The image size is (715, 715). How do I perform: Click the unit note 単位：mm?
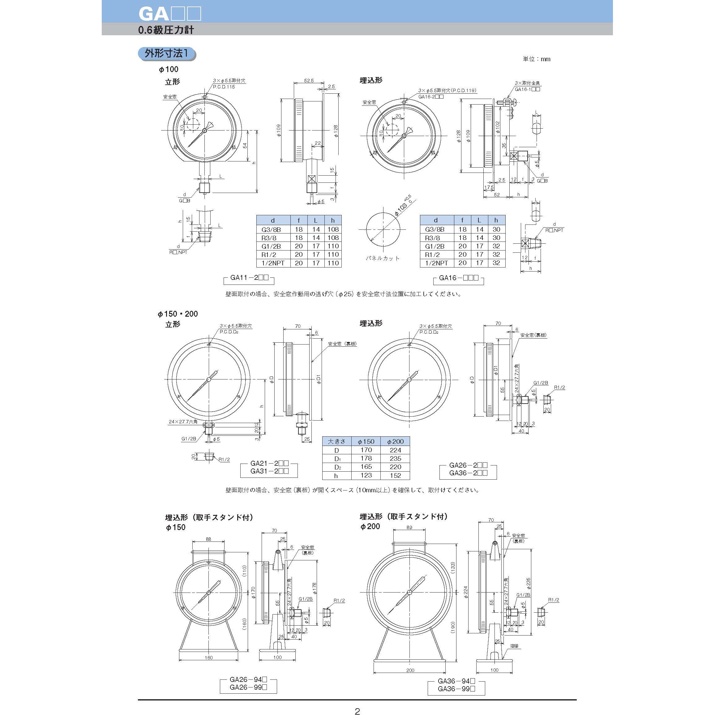536,59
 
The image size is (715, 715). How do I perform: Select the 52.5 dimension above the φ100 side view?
309,80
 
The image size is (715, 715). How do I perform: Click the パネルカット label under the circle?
383,258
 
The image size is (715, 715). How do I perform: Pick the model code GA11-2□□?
249,278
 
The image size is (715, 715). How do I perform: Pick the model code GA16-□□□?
459,278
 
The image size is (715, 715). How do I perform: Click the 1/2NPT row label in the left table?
273,263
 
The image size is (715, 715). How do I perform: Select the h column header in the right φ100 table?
496,220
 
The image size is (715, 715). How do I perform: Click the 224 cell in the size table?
395,450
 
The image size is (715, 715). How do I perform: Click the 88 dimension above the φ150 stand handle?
208,539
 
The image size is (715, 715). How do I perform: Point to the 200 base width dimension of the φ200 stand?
410,670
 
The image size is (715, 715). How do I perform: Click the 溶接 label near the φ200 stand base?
514,646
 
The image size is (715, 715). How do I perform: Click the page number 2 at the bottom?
357,711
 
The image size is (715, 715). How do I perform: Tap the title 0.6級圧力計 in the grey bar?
166,30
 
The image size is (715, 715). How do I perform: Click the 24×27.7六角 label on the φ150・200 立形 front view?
183,422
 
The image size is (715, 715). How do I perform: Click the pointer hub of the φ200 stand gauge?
410,592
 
